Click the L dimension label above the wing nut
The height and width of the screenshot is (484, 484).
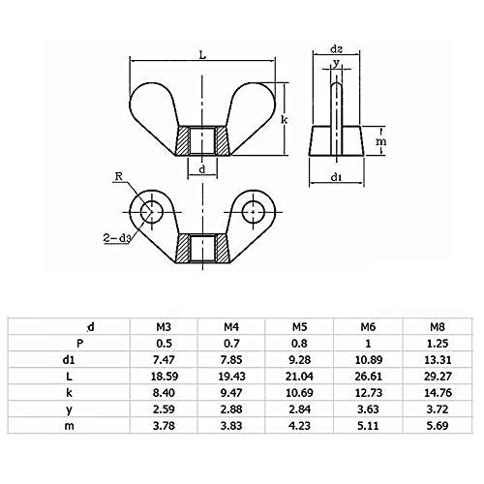(202, 57)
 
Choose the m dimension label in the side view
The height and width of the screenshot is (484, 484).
(382, 141)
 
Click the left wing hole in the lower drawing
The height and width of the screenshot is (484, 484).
(150, 209)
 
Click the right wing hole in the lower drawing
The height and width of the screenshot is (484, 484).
(255, 209)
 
